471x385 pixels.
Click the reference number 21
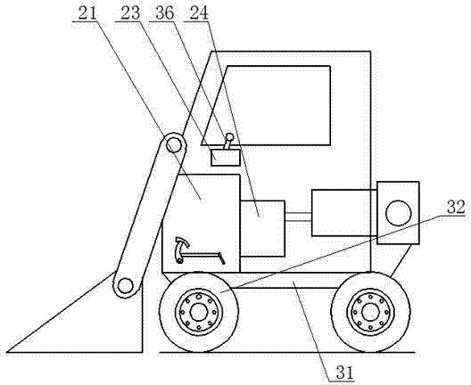(x=87, y=13)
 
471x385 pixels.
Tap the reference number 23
(x=130, y=13)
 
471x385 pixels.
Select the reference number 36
(x=164, y=13)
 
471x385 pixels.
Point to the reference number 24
(x=199, y=13)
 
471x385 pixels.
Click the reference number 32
(x=456, y=207)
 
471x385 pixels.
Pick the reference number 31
(x=345, y=373)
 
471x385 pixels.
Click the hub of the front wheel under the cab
(x=199, y=312)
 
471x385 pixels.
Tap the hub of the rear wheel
(x=370, y=312)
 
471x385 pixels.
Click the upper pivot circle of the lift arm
(x=174, y=144)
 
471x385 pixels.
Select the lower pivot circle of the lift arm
(x=125, y=286)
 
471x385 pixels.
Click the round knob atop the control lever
(x=230, y=137)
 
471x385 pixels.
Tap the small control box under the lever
(x=226, y=158)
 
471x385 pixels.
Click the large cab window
(x=266, y=106)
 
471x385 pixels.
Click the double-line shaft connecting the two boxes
(x=298, y=217)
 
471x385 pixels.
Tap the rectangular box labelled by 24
(x=262, y=228)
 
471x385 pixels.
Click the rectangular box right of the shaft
(x=344, y=213)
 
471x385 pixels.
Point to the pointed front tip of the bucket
(x=7, y=352)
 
